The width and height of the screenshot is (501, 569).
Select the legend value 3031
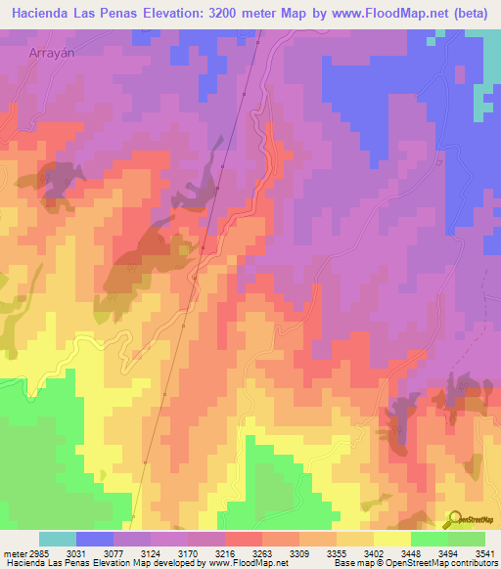(75, 552)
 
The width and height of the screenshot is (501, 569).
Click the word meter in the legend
(11, 552)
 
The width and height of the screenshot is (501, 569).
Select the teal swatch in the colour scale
(58, 539)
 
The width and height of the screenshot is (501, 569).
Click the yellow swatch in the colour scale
(391, 539)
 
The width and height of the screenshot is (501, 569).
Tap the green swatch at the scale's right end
(467, 539)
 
